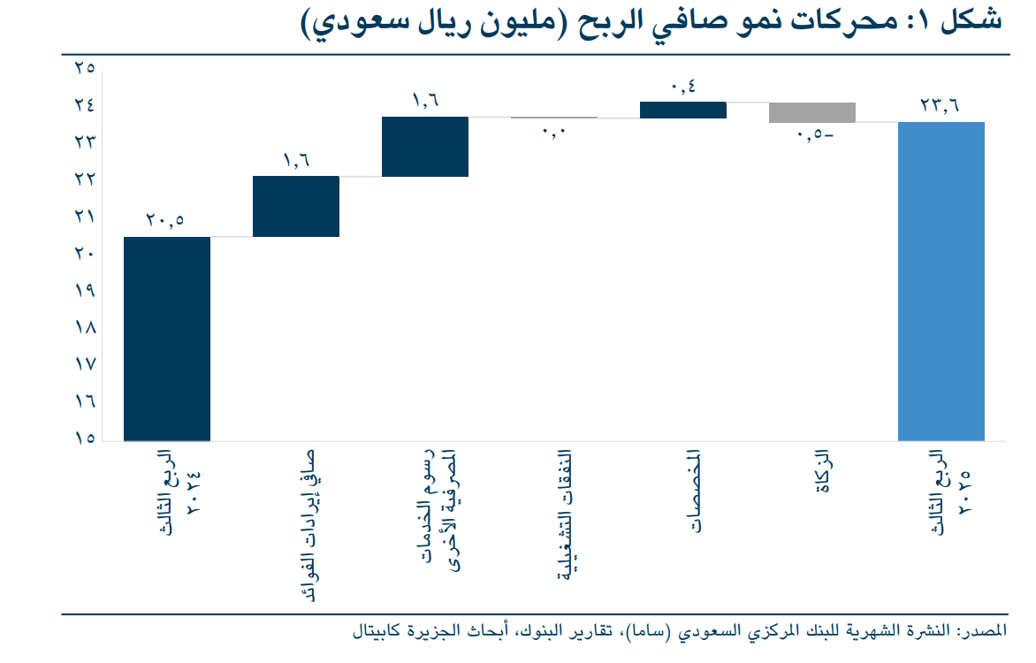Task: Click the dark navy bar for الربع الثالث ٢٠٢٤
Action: [167, 338]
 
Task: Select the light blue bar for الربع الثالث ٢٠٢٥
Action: [941, 280]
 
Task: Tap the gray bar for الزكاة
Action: [812, 112]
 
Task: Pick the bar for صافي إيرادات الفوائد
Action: [296, 206]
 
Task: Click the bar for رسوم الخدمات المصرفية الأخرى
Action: [425, 147]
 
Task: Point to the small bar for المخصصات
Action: [683, 110]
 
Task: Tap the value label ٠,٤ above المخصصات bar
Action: [683, 87]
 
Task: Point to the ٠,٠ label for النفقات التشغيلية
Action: [554, 133]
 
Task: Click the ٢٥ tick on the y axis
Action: [85, 68]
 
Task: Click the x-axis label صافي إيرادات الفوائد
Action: [307, 526]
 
